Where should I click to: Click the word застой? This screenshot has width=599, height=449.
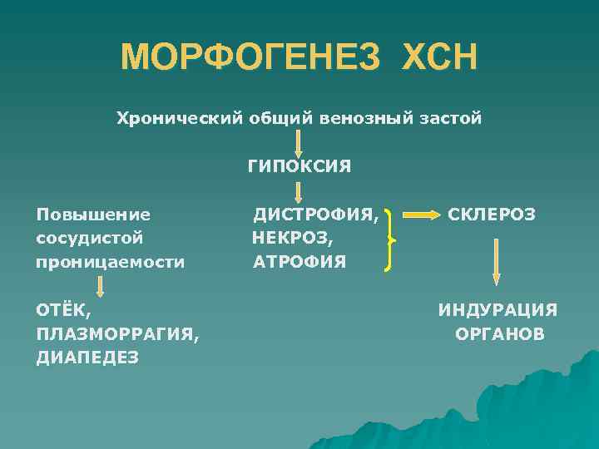(452, 118)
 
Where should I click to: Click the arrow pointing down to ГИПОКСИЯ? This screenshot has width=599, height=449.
(298, 143)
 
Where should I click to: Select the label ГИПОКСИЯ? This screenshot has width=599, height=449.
(298, 166)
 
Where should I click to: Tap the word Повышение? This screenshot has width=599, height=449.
(93, 215)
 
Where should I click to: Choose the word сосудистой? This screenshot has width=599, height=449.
(90, 238)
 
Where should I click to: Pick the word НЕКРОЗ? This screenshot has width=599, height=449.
(292, 239)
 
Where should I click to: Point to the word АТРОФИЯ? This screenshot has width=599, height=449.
(299, 262)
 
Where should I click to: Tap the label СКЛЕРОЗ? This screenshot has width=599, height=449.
(492, 215)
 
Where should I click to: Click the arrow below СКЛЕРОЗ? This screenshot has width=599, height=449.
(496, 262)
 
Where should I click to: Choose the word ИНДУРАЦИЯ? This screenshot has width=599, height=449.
(498, 310)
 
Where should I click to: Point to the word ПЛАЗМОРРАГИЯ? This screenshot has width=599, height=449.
(116, 333)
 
